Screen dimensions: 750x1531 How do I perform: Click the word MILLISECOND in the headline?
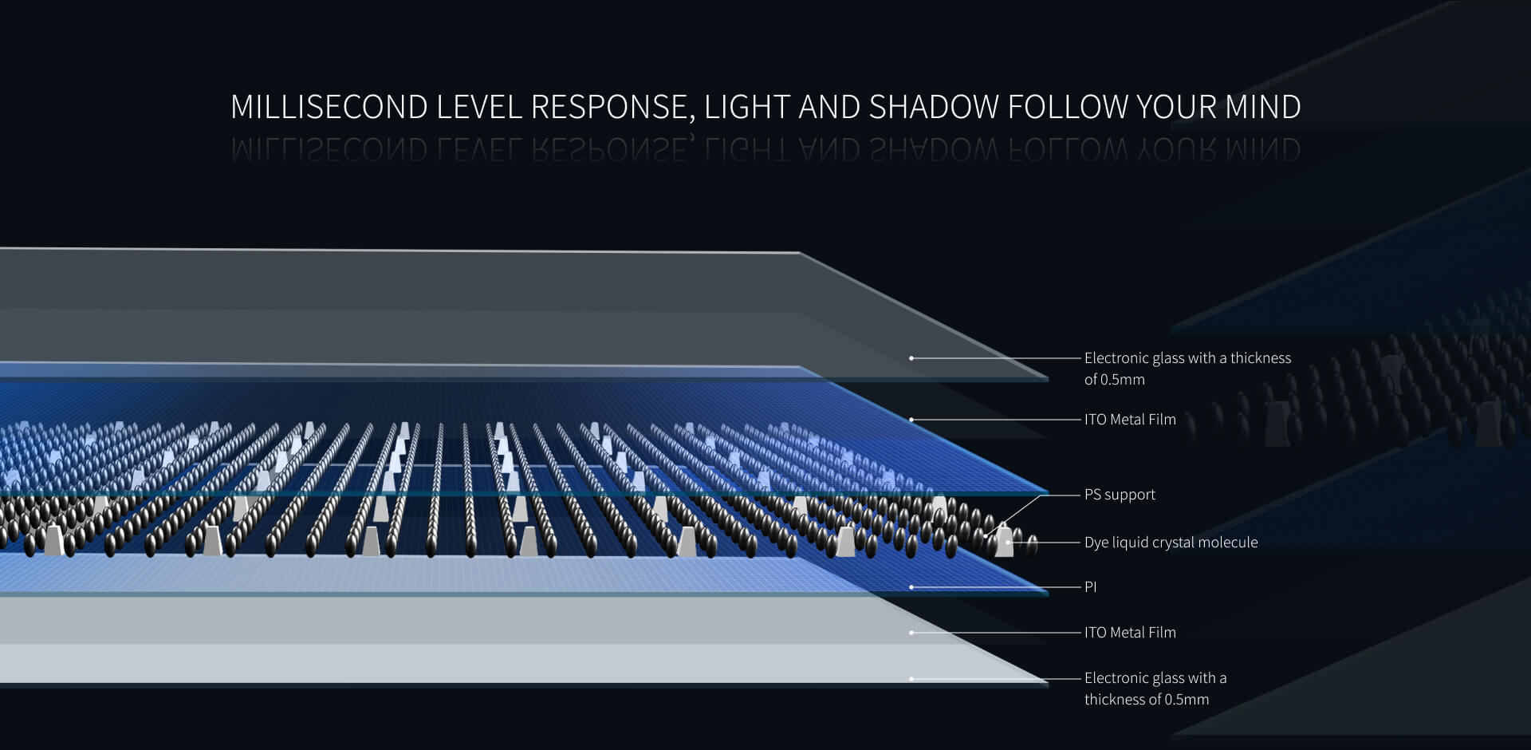click(329, 107)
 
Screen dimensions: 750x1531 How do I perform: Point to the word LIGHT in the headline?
click(746, 107)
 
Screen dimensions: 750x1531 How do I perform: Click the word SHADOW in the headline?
click(934, 107)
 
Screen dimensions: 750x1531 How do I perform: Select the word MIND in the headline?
click(1264, 107)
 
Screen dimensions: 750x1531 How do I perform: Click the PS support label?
click(1120, 495)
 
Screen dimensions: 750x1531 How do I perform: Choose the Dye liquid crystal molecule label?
click(1171, 543)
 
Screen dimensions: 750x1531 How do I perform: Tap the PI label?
click(1090, 587)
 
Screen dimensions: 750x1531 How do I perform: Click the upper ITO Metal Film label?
click(1130, 420)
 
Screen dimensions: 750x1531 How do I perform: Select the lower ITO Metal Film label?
click(1130, 633)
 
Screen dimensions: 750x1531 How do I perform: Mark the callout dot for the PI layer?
click(911, 587)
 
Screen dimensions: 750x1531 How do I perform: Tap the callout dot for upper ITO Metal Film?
click(911, 420)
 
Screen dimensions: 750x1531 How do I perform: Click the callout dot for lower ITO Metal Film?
click(911, 633)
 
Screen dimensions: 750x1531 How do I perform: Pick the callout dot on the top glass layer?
click(911, 358)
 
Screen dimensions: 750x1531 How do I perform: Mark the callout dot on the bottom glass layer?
click(911, 679)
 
